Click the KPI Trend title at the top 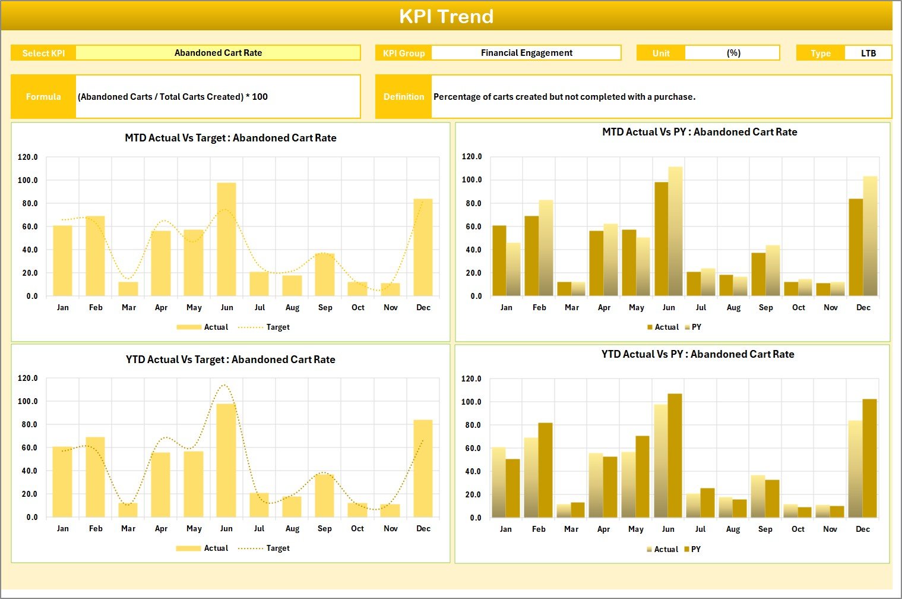tap(446, 16)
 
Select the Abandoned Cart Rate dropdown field tap(218, 53)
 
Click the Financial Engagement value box tap(526, 53)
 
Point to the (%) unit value tap(733, 53)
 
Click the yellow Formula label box tap(43, 96)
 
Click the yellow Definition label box tap(404, 96)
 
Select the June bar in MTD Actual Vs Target tap(226, 239)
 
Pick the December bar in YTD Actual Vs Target tap(423, 468)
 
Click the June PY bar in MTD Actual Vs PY tap(675, 231)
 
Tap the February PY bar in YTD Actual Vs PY tap(545, 469)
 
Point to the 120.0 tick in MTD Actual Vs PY tap(472, 157)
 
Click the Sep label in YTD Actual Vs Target tap(324, 528)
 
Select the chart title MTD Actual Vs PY tap(700, 132)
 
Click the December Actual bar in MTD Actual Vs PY tap(856, 247)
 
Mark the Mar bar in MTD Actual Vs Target tap(128, 289)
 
